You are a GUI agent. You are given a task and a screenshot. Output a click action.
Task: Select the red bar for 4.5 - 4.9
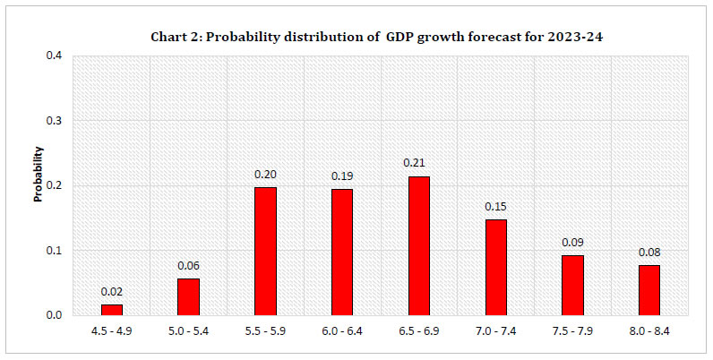112,310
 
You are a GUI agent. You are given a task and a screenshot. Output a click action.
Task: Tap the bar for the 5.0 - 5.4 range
188,296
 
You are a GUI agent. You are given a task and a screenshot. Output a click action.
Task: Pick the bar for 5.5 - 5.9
265,251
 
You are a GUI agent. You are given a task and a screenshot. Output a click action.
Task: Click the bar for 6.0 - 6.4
342,253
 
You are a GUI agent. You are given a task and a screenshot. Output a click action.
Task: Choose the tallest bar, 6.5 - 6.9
418,245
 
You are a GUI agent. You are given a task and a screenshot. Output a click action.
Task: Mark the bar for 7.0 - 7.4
495,267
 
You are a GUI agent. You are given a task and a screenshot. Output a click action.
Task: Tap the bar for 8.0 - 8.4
649,289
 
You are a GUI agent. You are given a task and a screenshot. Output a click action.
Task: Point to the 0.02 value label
112,292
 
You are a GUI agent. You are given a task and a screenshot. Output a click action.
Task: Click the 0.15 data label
495,207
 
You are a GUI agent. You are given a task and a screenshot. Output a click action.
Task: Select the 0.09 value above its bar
572,243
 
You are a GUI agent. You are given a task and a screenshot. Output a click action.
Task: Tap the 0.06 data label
188,266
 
